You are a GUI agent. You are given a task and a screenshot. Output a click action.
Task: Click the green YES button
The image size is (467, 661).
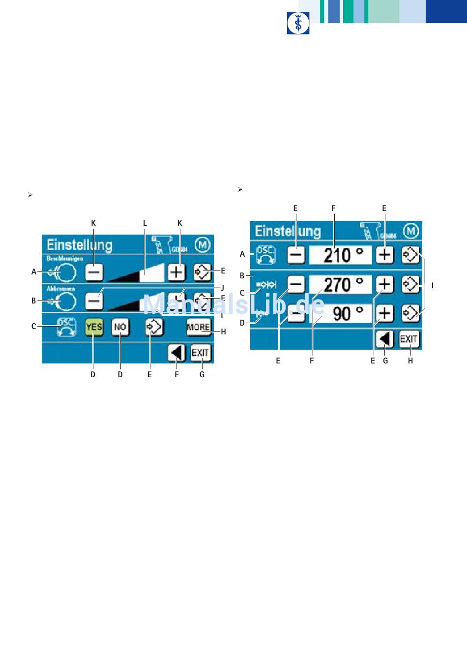(94, 327)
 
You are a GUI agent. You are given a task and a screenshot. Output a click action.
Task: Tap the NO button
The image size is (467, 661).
(120, 327)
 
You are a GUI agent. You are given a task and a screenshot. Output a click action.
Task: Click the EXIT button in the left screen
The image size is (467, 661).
(201, 353)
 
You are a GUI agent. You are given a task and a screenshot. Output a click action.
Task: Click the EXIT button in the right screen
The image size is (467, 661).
(409, 339)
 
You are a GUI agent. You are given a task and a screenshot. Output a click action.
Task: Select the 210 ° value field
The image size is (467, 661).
(341, 255)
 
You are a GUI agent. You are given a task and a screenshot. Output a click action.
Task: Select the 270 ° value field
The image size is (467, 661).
(341, 284)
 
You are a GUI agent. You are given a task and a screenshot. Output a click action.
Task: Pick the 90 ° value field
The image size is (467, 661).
(341, 313)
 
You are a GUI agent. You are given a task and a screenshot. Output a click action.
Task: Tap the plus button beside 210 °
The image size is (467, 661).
(385, 255)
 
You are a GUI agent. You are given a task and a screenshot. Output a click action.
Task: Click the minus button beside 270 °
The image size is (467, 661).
(296, 284)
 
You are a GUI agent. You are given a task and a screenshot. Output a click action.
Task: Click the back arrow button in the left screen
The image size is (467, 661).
(176, 353)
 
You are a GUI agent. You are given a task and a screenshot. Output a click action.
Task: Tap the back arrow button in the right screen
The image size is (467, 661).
(385, 339)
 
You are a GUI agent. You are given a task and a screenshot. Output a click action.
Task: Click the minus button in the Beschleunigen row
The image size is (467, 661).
(94, 271)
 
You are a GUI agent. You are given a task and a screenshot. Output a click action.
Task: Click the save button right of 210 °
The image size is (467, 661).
(410, 255)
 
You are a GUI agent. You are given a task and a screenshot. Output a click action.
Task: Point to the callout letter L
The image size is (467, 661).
(145, 223)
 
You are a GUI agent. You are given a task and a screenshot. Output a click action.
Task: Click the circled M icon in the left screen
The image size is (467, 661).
(203, 244)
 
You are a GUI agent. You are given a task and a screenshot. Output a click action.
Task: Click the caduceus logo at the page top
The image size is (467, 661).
(298, 23)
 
